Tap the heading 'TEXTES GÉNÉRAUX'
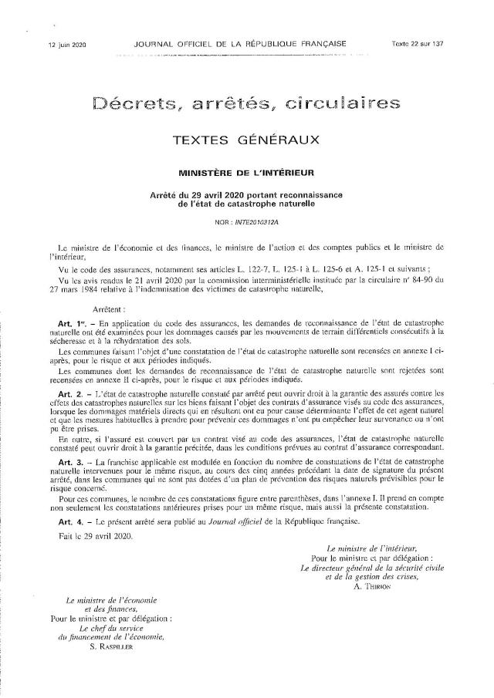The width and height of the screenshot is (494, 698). (247, 140)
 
